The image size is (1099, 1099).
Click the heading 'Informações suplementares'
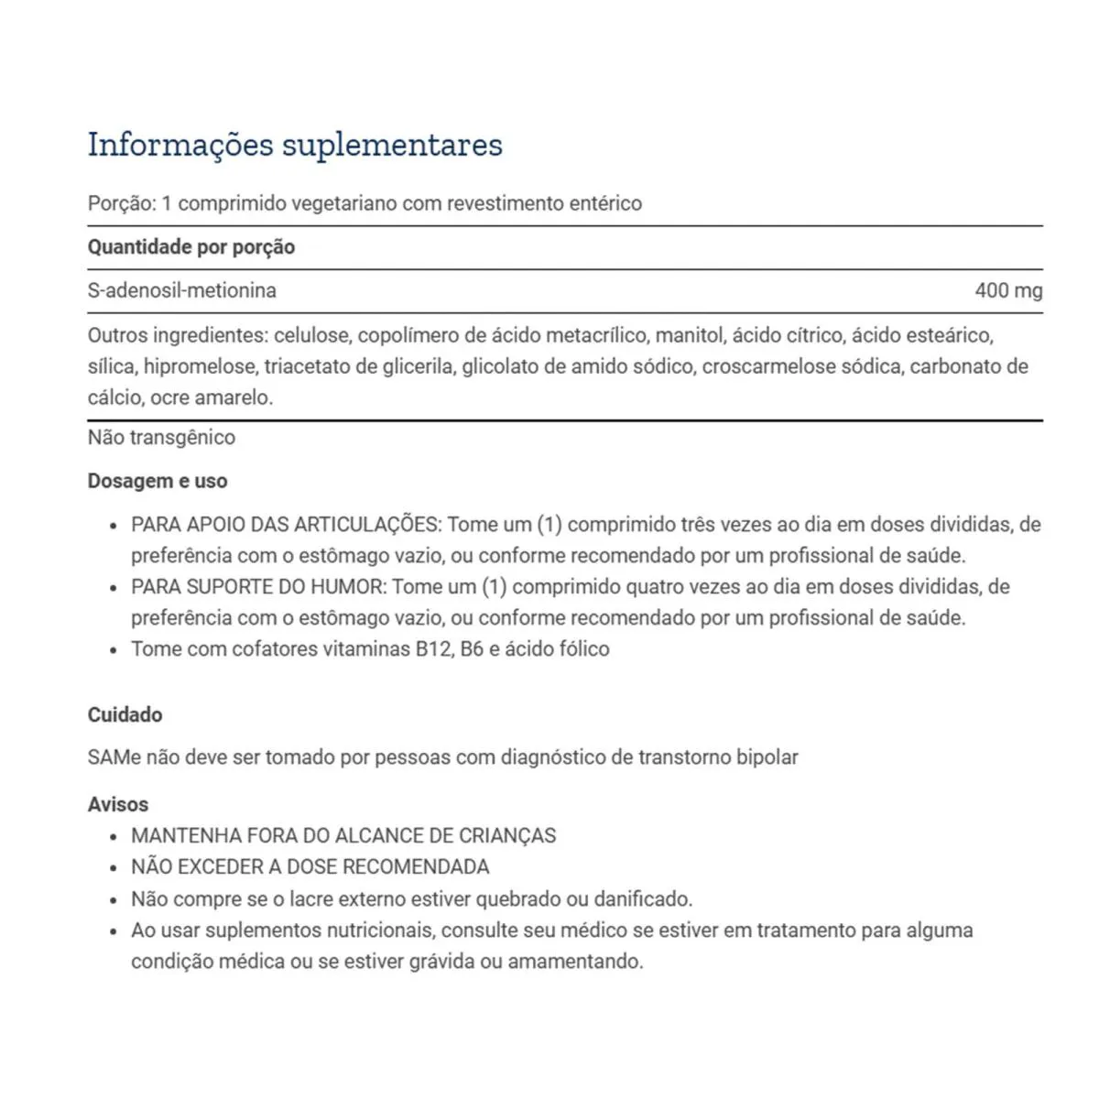pyautogui.click(x=295, y=145)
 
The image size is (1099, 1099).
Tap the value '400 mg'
pyautogui.click(x=1008, y=290)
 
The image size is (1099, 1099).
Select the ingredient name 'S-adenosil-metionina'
pyautogui.click(x=181, y=290)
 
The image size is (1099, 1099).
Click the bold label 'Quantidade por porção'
pyautogui.click(x=191, y=247)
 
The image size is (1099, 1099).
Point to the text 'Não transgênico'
pyautogui.click(x=161, y=437)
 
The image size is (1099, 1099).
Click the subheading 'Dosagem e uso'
pyautogui.click(x=158, y=481)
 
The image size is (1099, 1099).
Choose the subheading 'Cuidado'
pyautogui.click(x=125, y=715)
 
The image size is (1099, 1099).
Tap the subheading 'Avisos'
pyautogui.click(x=117, y=804)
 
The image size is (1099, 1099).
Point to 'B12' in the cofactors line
pyautogui.click(x=434, y=649)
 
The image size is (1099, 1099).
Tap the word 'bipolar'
pyautogui.click(x=767, y=757)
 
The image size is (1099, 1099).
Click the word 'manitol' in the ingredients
pyautogui.click(x=687, y=335)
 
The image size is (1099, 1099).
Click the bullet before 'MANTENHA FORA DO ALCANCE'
pyautogui.click(x=113, y=837)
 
